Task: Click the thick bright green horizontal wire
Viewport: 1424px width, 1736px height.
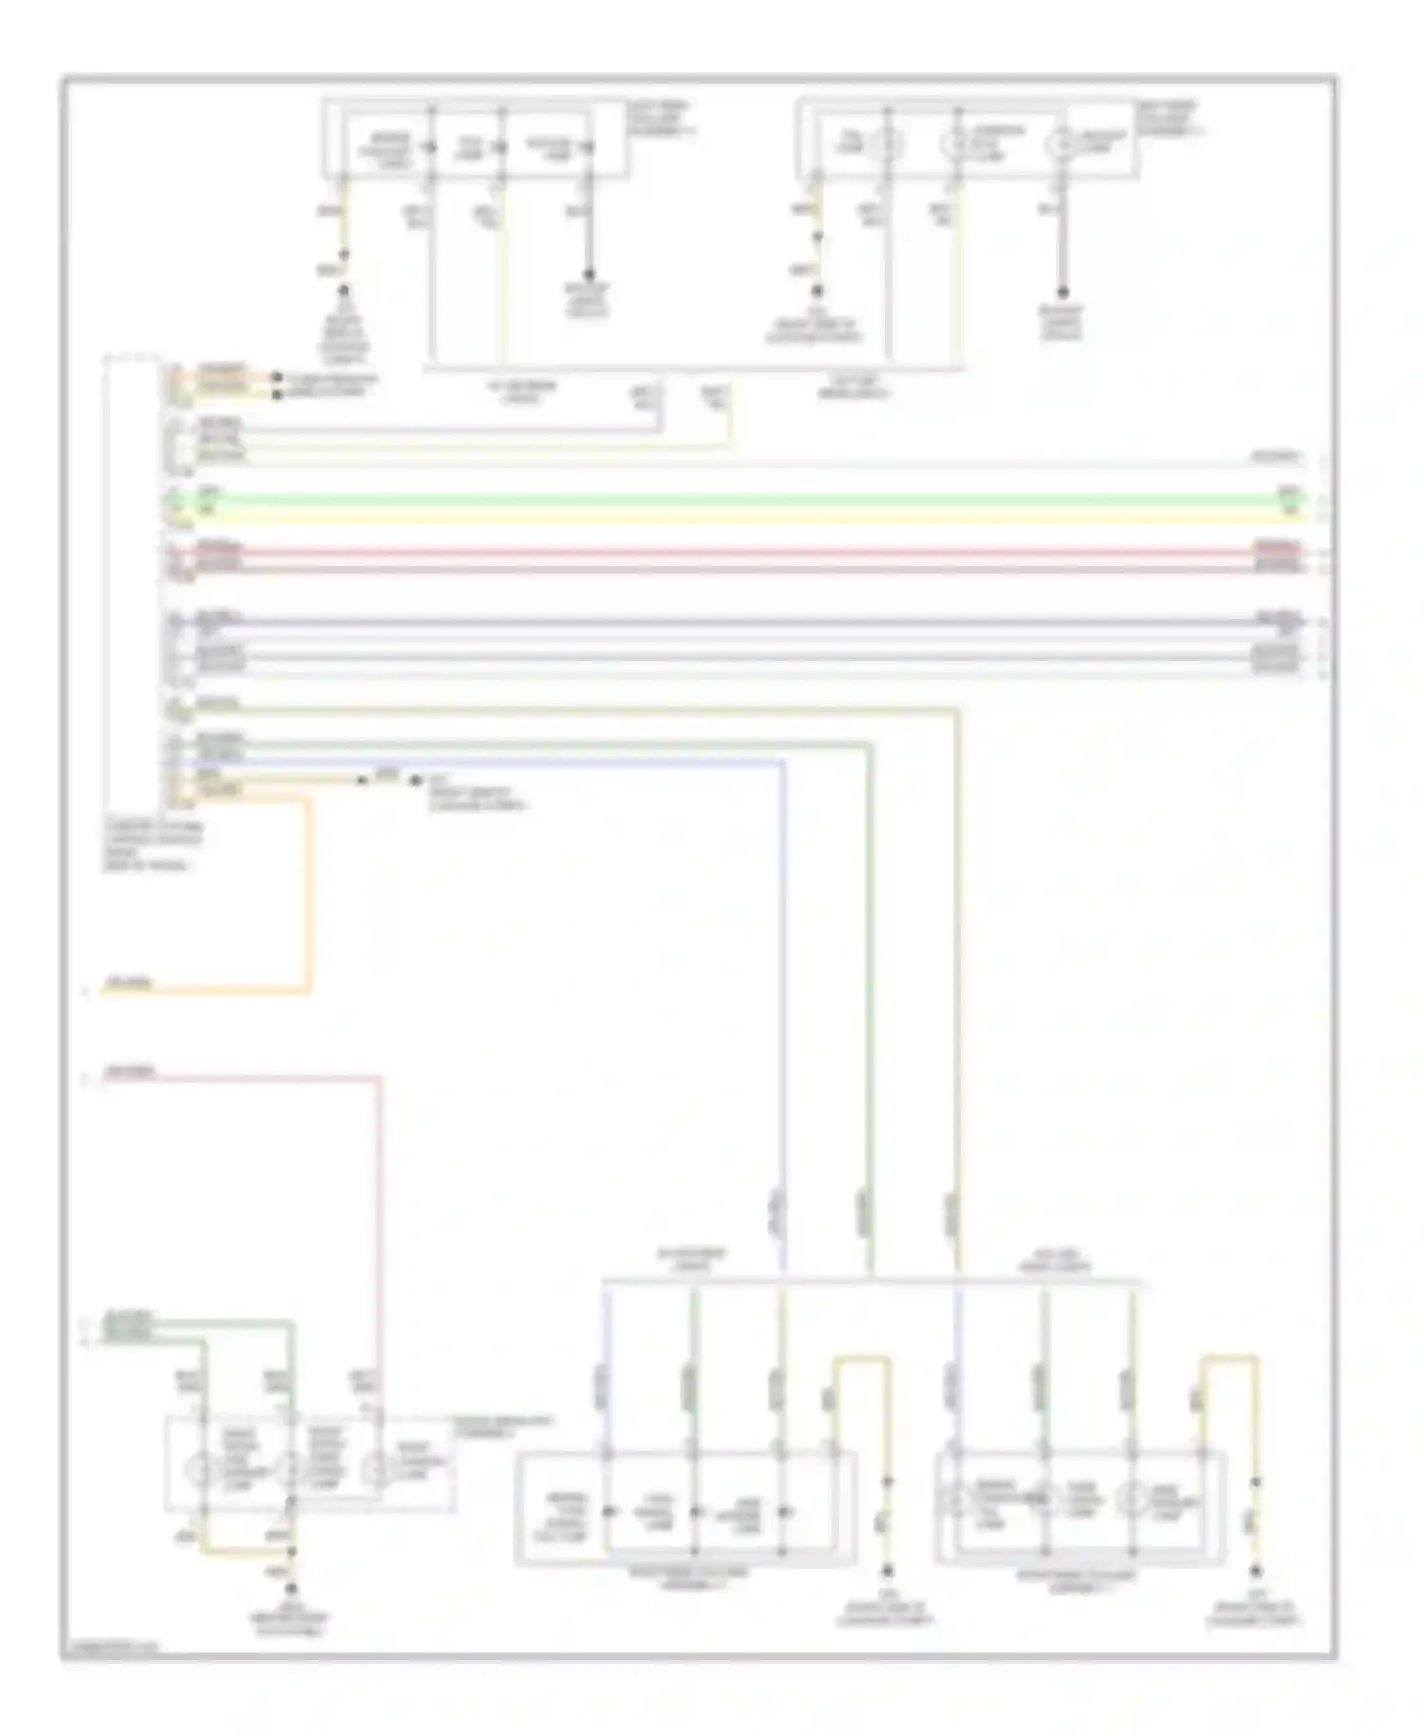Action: (x=740, y=499)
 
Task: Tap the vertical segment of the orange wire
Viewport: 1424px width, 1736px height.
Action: (x=307, y=893)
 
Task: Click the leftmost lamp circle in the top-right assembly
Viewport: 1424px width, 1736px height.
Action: (x=889, y=144)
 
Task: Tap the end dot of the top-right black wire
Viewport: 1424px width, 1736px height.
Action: (x=1063, y=292)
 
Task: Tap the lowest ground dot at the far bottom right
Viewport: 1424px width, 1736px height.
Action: (x=1255, y=1573)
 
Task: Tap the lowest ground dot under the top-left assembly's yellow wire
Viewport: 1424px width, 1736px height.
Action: (x=345, y=290)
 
